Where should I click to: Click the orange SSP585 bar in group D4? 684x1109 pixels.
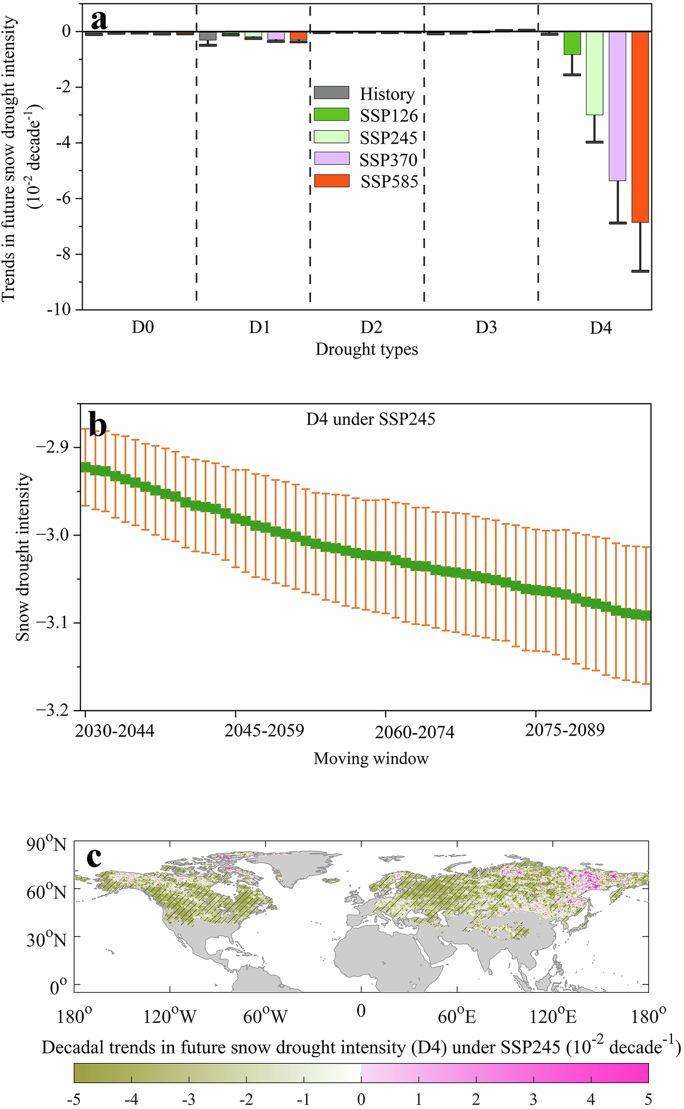640,126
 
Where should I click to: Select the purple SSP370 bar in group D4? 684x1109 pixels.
617,106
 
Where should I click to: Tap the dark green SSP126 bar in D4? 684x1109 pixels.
572,43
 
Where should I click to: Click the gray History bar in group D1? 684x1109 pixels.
208,36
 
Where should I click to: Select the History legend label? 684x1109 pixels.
387,94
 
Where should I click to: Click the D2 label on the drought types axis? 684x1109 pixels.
372,327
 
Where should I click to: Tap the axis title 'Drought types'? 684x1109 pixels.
367,350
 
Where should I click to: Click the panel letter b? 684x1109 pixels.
98,425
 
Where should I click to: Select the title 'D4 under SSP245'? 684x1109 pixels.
371,419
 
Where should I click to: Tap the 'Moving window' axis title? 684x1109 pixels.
371,758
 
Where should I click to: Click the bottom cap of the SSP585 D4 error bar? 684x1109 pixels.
640,271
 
